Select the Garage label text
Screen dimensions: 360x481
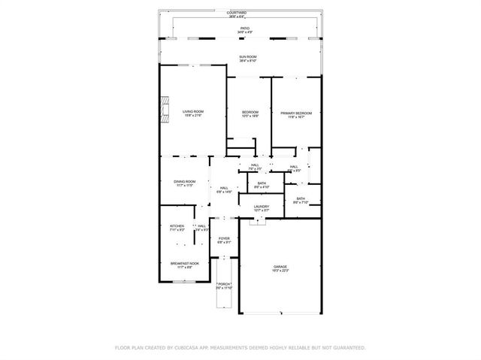tap(280, 268)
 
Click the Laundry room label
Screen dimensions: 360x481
tap(261, 207)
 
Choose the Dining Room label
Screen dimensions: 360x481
tap(185, 183)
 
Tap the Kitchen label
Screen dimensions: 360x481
tap(177, 227)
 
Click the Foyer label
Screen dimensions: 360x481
tap(224, 240)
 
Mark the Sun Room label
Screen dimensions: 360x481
tap(248, 59)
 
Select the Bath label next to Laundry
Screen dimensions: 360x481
tap(262, 184)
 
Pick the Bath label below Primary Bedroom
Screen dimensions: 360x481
tap(300, 200)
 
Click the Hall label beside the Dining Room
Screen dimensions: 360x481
tap(224, 189)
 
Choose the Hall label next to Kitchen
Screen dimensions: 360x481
tap(201, 227)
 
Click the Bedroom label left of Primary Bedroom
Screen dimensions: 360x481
tap(250, 114)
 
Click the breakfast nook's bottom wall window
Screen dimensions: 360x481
tap(184, 282)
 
